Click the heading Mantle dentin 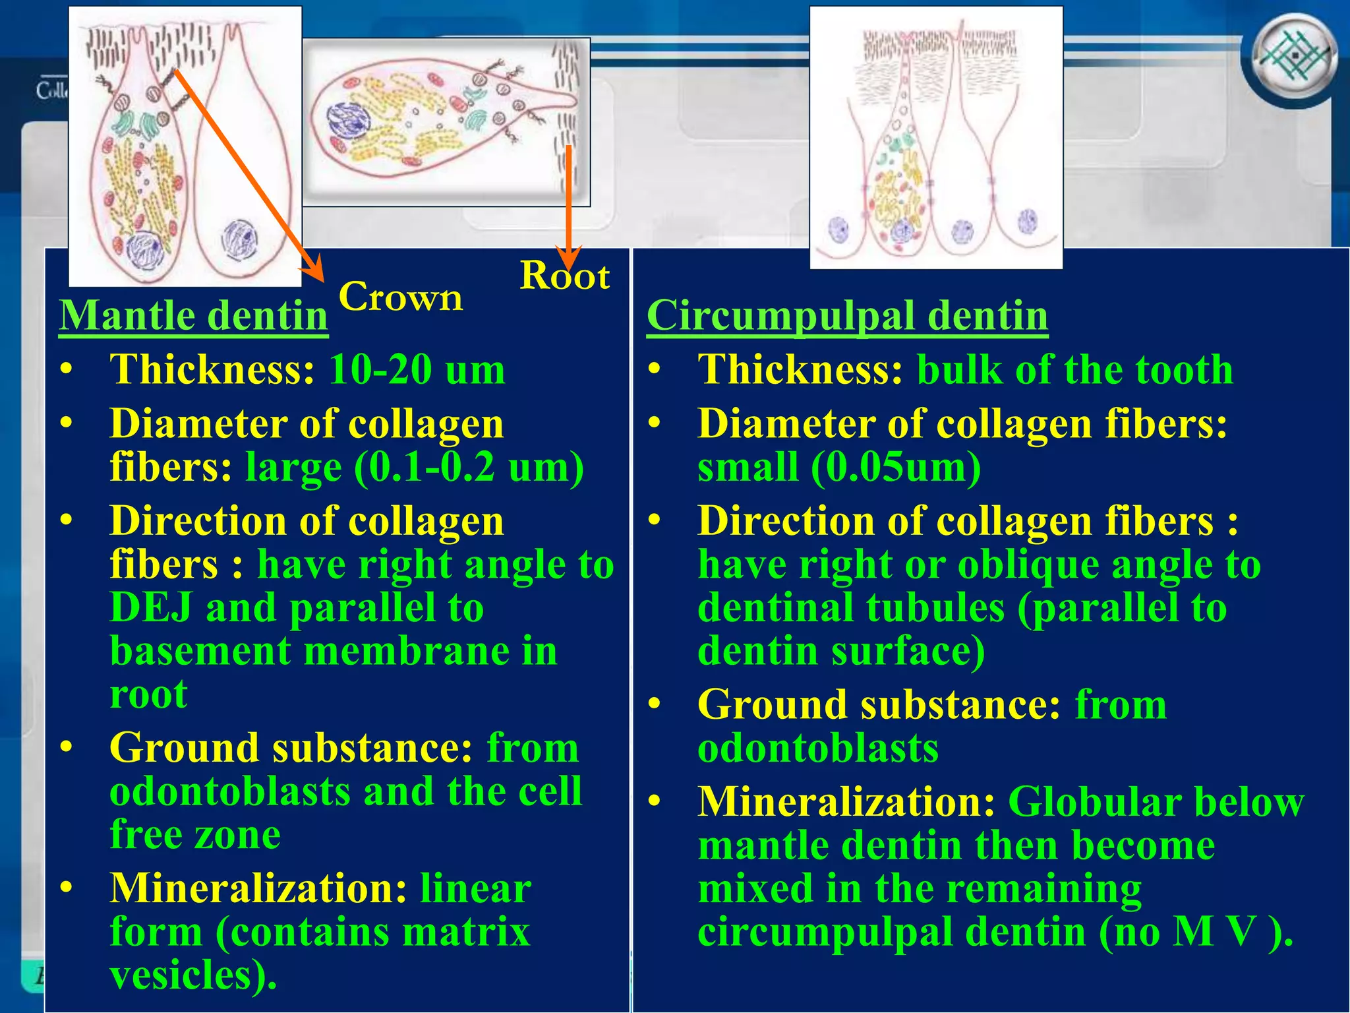click(193, 315)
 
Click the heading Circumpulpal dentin click(847, 315)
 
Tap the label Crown click(400, 297)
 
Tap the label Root click(564, 276)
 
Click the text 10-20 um click(417, 369)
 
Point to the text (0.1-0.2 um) click(469, 467)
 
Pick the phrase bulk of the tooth click(1074, 369)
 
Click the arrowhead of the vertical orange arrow click(568, 259)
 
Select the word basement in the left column click(200, 651)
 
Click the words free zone click(195, 834)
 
